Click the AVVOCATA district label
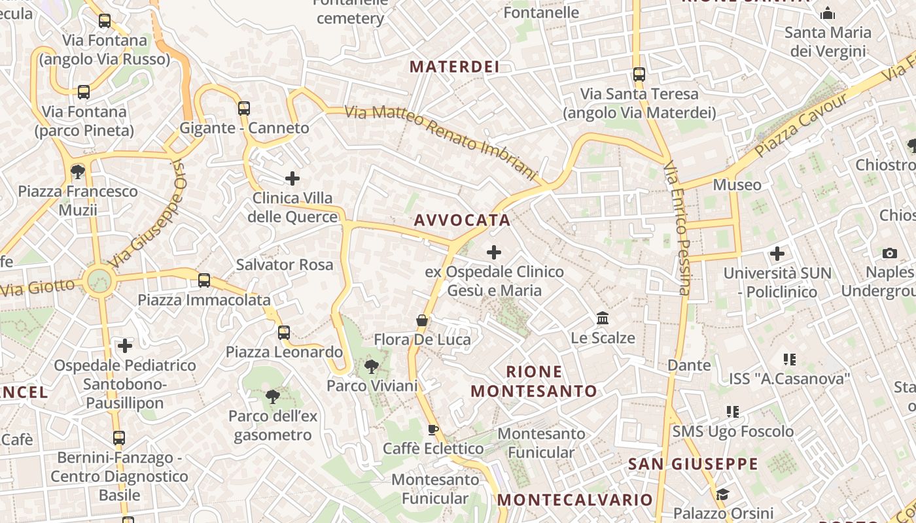(x=462, y=220)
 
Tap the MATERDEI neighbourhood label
(x=454, y=67)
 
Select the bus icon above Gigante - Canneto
(x=243, y=108)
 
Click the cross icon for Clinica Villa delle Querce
(x=292, y=178)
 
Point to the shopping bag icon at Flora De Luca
(x=422, y=320)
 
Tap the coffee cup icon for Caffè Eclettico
(x=432, y=430)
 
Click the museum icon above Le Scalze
(x=603, y=318)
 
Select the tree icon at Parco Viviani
(x=371, y=366)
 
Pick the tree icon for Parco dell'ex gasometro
(x=272, y=396)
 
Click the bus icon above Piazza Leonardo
(x=283, y=332)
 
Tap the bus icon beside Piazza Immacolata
(x=204, y=280)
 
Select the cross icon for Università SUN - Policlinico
(x=777, y=253)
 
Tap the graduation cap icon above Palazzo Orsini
(x=722, y=494)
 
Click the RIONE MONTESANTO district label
(x=534, y=382)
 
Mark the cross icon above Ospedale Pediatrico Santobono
(x=125, y=345)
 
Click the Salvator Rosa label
(x=285, y=265)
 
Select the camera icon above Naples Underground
(x=889, y=253)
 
